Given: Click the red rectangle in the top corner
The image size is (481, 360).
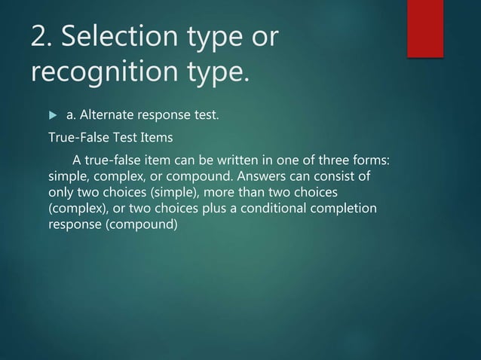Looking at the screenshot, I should [x=424, y=28].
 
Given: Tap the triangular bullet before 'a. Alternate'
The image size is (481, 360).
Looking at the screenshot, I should [x=52, y=115].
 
